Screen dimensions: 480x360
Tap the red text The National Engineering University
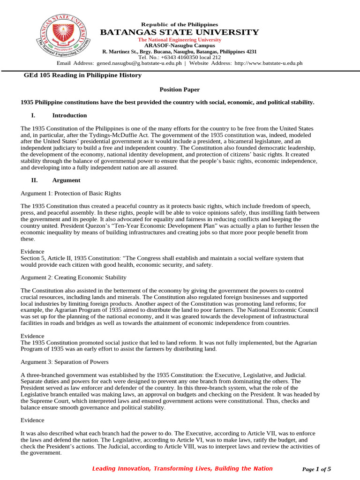[180, 40]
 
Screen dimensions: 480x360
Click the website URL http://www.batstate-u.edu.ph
[268, 63]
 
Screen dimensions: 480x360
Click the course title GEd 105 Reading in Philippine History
[82, 75]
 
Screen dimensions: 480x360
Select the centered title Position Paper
[180, 89]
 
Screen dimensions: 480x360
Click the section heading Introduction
[69, 115]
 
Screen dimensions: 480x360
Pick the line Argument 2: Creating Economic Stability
[74, 277]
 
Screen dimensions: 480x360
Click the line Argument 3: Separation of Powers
[65, 362]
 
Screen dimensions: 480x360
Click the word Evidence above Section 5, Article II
[33, 251]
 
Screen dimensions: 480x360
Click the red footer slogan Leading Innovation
[182, 468]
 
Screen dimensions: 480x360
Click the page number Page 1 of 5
[317, 469]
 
